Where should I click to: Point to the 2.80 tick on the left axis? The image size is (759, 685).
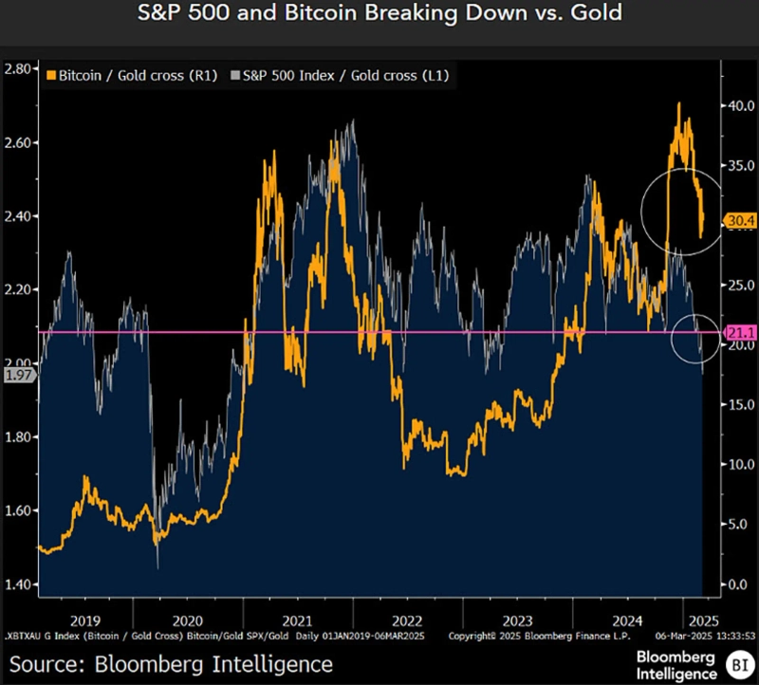[19, 68]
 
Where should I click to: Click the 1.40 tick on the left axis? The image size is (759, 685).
[19, 584]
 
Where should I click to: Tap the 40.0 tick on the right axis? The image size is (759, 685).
[739, 106]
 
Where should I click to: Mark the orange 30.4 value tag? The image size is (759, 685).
[739, 221]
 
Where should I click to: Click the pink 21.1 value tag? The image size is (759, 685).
[739, 332]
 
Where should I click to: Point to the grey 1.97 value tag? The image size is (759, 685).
[18, 376]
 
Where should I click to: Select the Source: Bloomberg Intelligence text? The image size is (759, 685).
[171, 663]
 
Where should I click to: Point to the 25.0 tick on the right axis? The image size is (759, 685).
[739, 285]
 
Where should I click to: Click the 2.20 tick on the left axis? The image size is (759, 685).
[19, 289]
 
